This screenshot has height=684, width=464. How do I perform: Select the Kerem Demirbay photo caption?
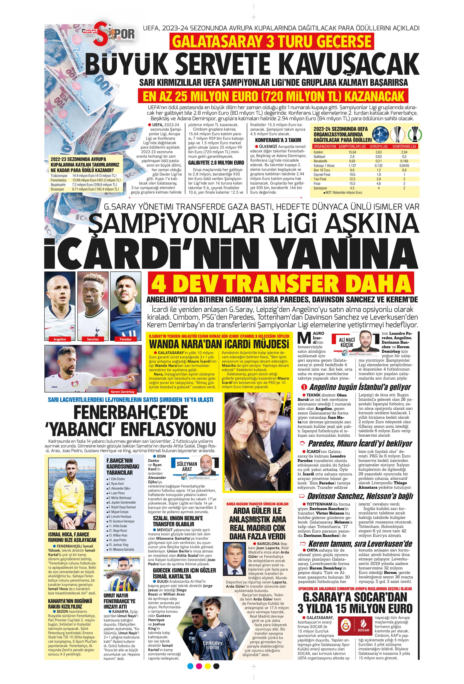pyautogui.click(x=122, y=392)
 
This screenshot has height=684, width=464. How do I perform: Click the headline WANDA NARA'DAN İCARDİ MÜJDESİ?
pyautogui.click(x=219, y=344)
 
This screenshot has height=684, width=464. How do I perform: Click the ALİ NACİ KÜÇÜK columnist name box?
pyautogui.click(x=347, y=343)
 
